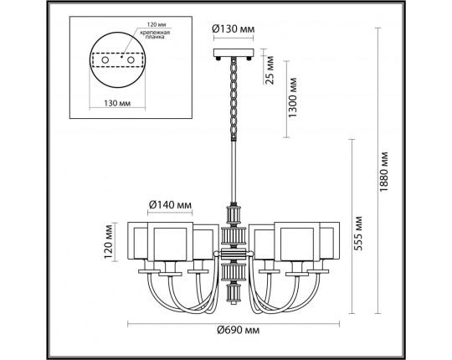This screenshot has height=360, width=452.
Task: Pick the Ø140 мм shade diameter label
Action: pyautogui.click(x=172, y=203)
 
